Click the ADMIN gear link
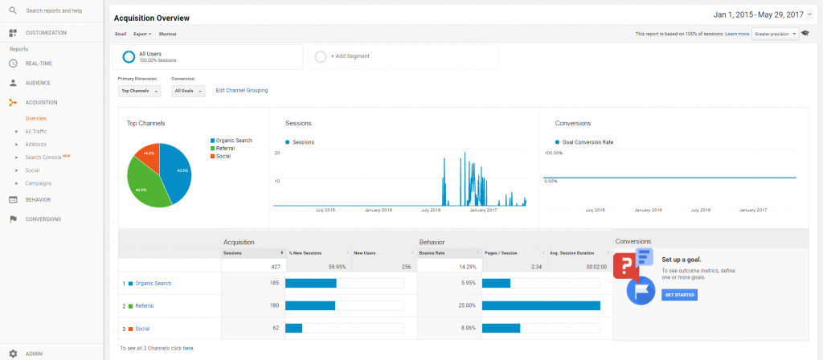point(35,354)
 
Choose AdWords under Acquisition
point(36,144)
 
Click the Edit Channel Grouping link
point(242,91)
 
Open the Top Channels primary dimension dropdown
point(139,92)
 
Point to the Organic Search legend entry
point(234,141)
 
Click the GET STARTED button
point(679,295)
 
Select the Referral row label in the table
point(145,306)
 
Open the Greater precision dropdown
point(775,34)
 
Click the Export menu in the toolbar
point(142,34)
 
